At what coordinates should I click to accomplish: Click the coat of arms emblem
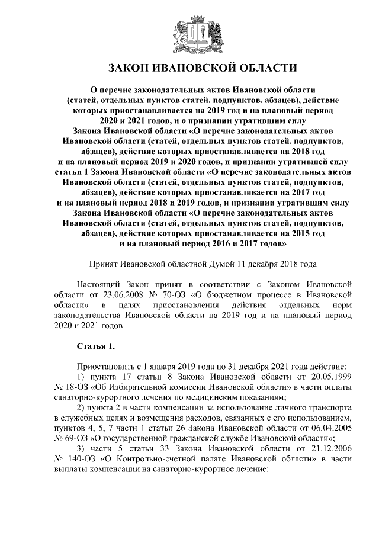(x=189, y=33)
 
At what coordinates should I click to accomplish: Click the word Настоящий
(x=99, y=284)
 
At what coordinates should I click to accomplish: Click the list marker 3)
(x=82, y=448)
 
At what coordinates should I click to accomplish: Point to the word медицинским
(x=203, y=397)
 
